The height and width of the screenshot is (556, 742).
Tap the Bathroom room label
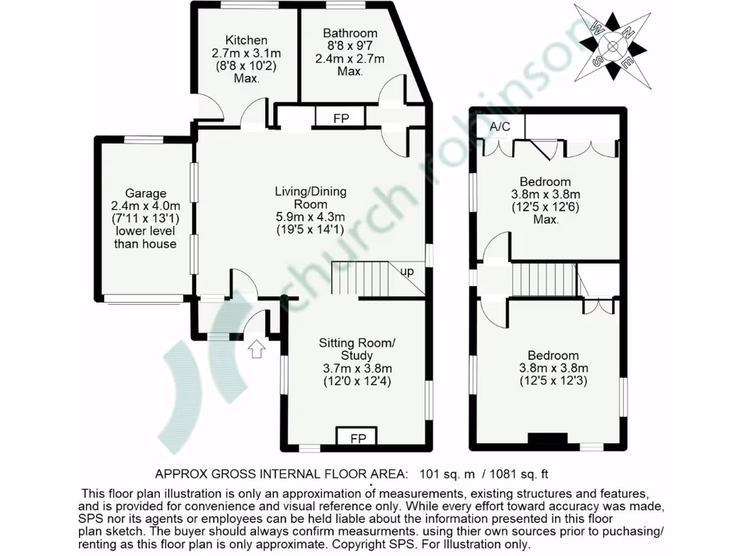(x=350, y=33)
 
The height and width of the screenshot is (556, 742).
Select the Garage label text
(x=146, y=193)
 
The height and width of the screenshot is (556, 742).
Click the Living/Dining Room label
(x=310, y=198)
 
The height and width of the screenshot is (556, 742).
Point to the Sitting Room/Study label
(x=357, y=348)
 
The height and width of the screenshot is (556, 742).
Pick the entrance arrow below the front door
(x=256, y=350)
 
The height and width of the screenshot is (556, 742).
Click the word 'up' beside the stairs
(x=408, y=271)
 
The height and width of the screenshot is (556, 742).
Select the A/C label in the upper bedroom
(x=500, y=127)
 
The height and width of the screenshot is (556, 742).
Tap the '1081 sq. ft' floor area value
(x=520, y=475)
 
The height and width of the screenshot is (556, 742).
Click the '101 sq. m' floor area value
(x=447, y=475)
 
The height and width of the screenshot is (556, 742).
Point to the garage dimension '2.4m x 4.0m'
(x=146, y=206)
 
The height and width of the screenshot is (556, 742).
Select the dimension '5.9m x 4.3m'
(x=310, y=217)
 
